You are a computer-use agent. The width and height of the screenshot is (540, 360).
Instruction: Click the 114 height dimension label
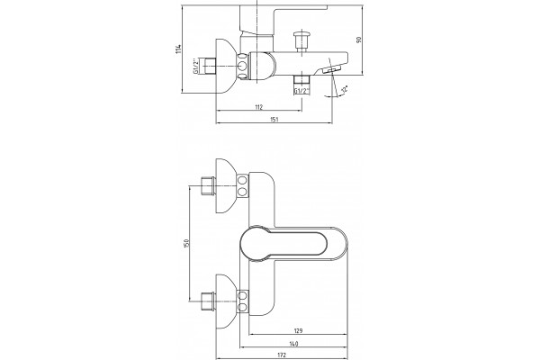coord(178,49)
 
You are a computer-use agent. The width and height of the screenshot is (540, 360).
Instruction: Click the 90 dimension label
coord(359,40)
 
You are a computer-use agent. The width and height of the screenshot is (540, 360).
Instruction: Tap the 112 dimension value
coord(259,107)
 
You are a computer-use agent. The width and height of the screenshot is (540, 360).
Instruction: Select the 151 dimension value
coord(274,120)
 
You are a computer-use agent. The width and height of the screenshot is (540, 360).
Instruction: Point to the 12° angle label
coord(344,89)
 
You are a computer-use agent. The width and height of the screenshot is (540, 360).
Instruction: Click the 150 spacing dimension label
coord(186,243)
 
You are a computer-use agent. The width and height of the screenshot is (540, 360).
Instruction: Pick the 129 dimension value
coord(298,331)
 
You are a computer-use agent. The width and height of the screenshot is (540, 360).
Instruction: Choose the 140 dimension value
coord(293,344)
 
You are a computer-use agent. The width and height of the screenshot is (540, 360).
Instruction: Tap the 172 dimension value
coord(282,355)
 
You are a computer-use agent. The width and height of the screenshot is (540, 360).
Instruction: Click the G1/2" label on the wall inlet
coord(195,66)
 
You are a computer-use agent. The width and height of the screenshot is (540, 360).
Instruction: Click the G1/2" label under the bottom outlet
coord(301,91)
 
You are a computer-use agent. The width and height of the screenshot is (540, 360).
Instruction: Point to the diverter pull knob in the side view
coord(301,41)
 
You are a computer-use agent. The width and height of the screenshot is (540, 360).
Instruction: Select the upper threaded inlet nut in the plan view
coord(208,185)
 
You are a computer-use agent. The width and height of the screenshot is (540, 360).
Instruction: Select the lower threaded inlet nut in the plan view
coord(208,301)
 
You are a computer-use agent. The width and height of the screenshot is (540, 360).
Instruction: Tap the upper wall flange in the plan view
coord(226,185)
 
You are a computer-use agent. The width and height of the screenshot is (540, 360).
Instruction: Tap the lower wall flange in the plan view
coord(226,301)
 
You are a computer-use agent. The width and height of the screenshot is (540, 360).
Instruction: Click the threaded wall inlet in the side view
coord(209,66)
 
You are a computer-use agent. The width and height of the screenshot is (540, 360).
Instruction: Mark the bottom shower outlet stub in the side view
coord(301,81)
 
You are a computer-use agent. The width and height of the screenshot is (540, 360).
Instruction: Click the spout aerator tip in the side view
coord(331,70)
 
